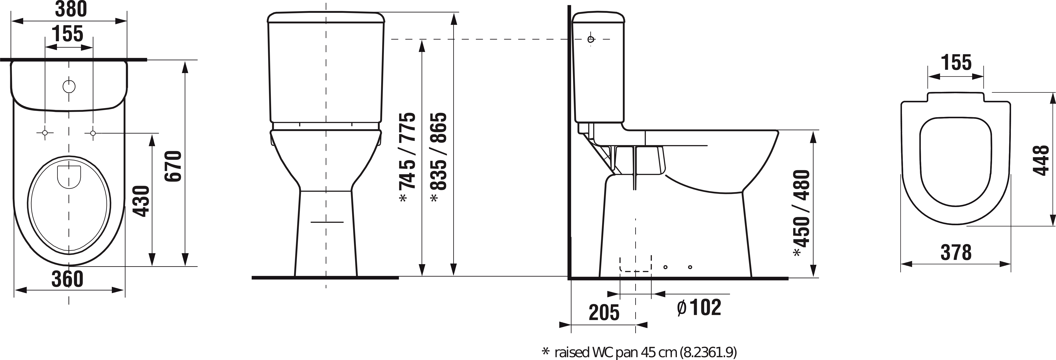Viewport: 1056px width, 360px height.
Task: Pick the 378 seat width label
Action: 956,253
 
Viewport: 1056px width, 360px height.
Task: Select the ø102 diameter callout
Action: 699,307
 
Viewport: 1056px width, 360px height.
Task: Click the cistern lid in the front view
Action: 326,17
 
